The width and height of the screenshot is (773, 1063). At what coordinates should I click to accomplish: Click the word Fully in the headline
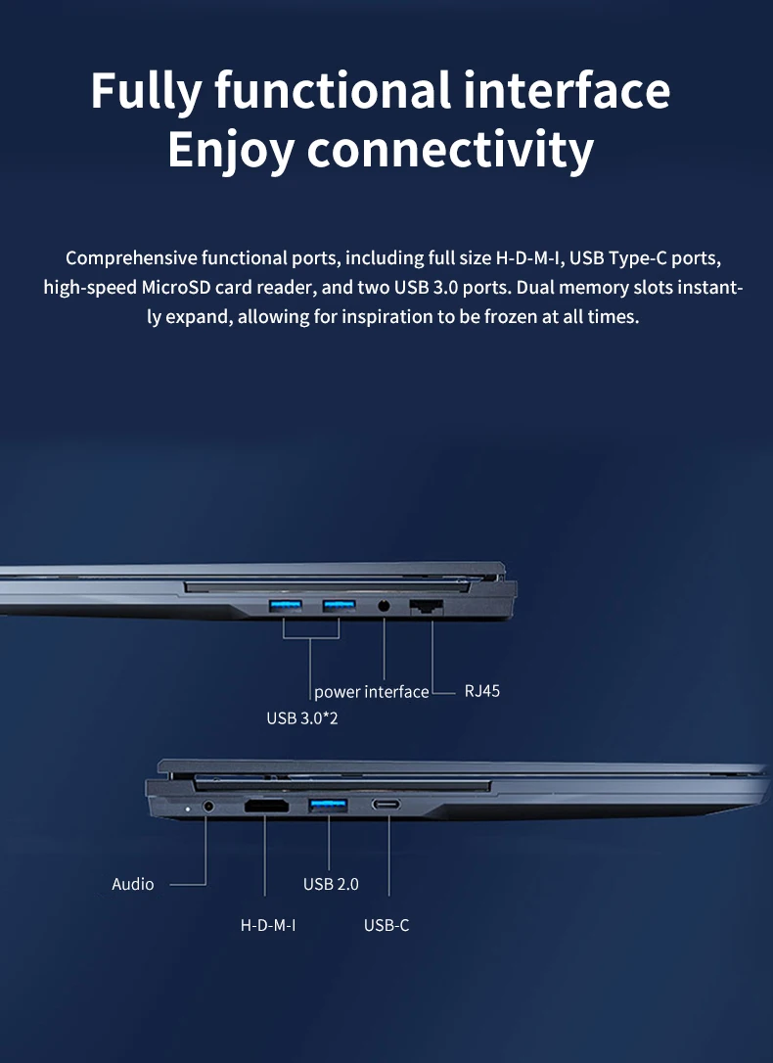145,91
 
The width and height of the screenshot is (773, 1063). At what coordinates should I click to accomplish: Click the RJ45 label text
482,691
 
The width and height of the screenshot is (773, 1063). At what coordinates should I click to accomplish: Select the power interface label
371,692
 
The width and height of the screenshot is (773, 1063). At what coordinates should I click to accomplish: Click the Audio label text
133,884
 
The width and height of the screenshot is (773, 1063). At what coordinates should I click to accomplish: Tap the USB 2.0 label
331,884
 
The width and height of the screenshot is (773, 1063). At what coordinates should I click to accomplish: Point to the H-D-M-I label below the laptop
268,924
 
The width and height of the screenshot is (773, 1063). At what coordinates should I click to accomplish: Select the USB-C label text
386,924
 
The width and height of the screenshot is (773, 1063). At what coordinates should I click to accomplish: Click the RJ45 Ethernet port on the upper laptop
427,605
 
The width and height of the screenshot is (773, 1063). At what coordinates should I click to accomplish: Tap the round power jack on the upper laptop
384,606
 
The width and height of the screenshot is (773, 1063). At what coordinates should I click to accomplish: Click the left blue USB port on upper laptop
284,606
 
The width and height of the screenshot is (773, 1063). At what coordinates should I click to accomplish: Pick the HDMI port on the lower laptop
266,807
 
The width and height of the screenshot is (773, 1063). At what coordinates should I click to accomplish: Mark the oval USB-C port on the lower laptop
386,807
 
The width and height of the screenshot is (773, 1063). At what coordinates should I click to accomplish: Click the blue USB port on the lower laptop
328,806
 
